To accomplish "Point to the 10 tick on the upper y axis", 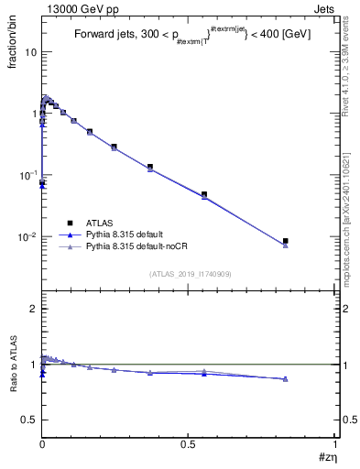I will pyautogui.click(x=30, y=52).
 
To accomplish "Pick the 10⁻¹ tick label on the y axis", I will pyautogui.click(x=27, y=175).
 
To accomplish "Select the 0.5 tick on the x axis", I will pyautogui.click(x=189, y=443).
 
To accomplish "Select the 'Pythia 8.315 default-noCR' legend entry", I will pyautogui.click(x=135, y=246).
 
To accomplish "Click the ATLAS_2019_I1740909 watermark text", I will pyautogui.click(x=189, y=273).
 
